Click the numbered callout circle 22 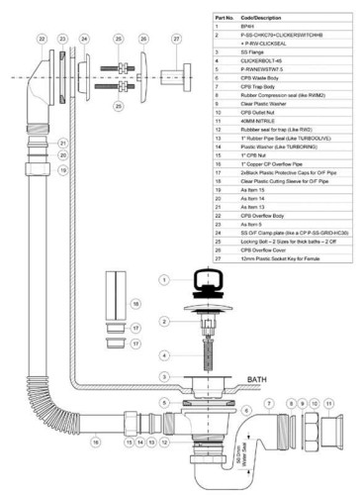(x=41, y=38)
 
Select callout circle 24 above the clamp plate (x=85, y=38)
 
